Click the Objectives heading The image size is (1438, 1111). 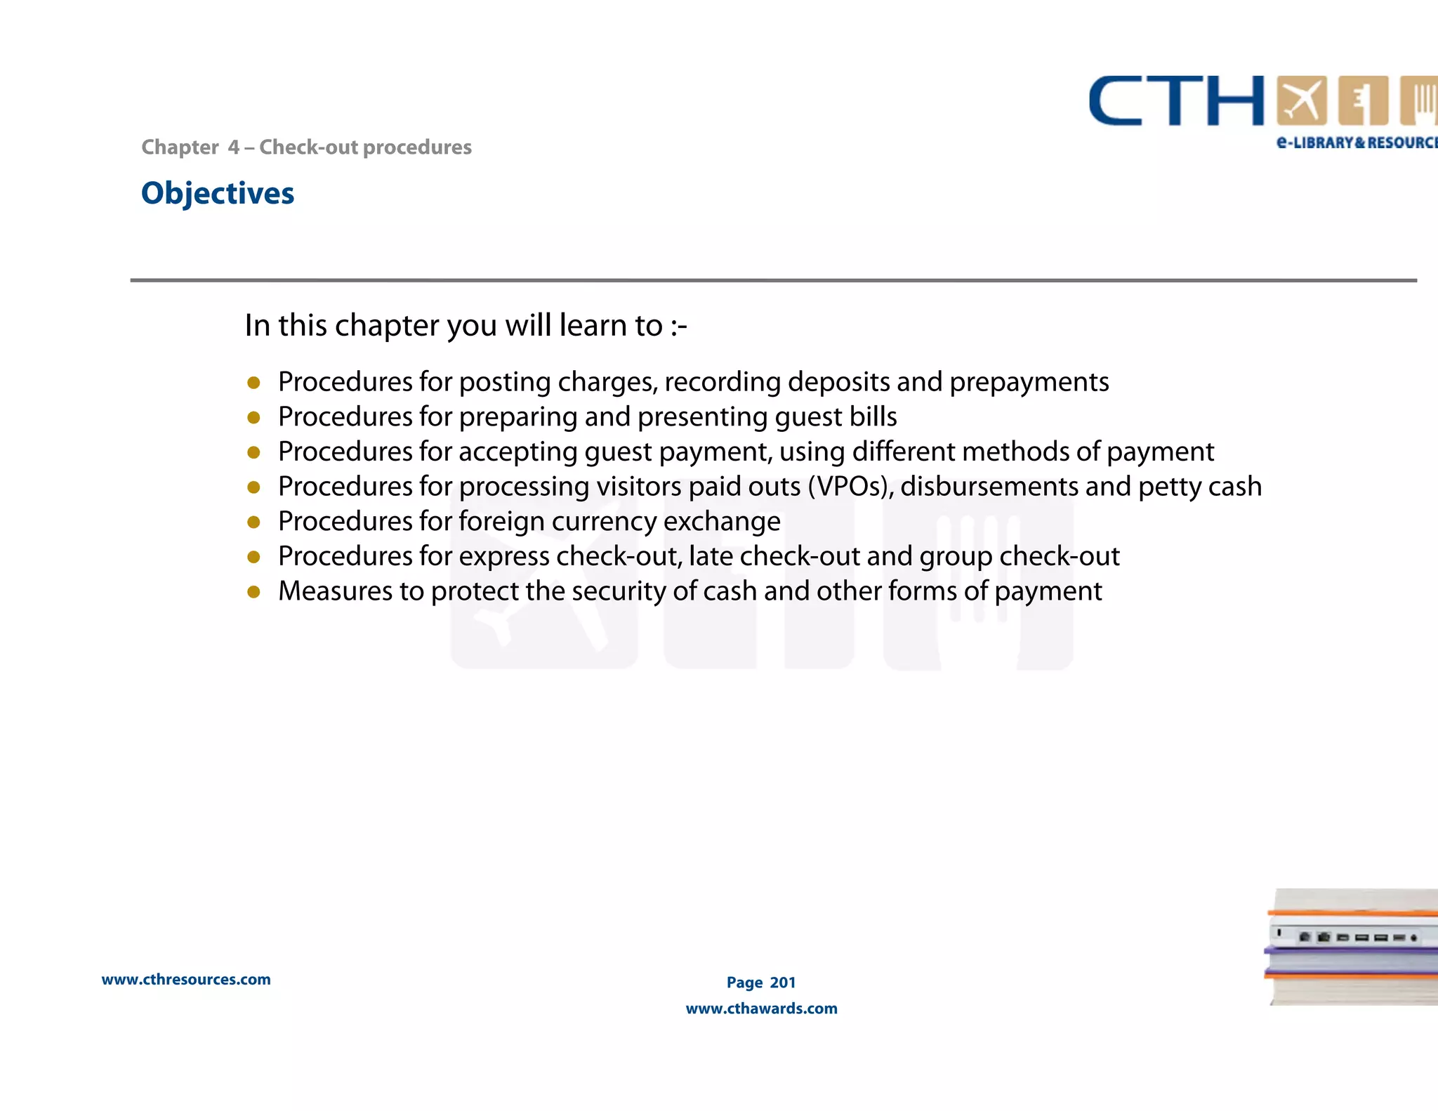coord(218,193)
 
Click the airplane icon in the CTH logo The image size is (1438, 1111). coord(1301,101)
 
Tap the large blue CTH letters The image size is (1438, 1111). coord(1176,101)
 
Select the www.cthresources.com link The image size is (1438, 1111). coord(186,980)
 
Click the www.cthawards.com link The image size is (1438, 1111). coord(761,1008)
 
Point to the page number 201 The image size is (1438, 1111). coord(783,982)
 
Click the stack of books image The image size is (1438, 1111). coord(1352,947)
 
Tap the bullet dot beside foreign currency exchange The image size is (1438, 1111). coord(253,522)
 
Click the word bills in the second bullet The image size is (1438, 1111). coord(873,417)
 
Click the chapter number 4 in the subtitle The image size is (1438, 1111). coord(233,147)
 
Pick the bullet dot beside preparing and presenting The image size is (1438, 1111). coord(253,418)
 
